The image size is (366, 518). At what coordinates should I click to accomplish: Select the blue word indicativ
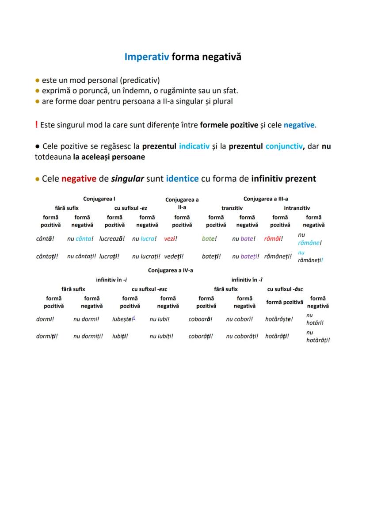[x=194, y=146]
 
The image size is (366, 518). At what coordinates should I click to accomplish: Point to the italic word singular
[x=128, y=179]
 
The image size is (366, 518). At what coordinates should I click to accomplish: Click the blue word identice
[x=182, y=179]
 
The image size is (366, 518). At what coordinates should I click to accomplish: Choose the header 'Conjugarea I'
[x=99, y=199]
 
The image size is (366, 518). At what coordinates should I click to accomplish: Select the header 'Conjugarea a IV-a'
[x=171, y=270]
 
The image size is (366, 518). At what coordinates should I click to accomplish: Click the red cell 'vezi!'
[x=171, y=239]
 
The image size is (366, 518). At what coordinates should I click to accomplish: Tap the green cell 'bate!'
[x=210, y=239]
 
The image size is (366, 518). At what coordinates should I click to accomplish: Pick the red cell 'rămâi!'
[x=273, y=239]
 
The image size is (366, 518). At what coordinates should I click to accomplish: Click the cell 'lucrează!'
[x=112, y=239]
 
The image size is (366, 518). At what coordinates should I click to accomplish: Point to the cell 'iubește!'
[x=123, y=319]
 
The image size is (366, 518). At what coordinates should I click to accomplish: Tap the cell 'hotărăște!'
[x=279, y=319]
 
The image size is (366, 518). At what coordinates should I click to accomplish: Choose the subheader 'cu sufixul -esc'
[x=149, y=289]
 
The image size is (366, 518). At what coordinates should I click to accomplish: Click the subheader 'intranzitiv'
[x=297, y=208]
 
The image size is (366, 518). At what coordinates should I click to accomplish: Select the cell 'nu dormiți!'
[x=88, y=336]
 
